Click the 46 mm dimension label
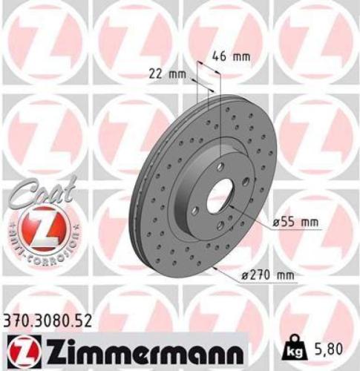232,56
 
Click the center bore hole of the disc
220,198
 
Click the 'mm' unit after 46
241,56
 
